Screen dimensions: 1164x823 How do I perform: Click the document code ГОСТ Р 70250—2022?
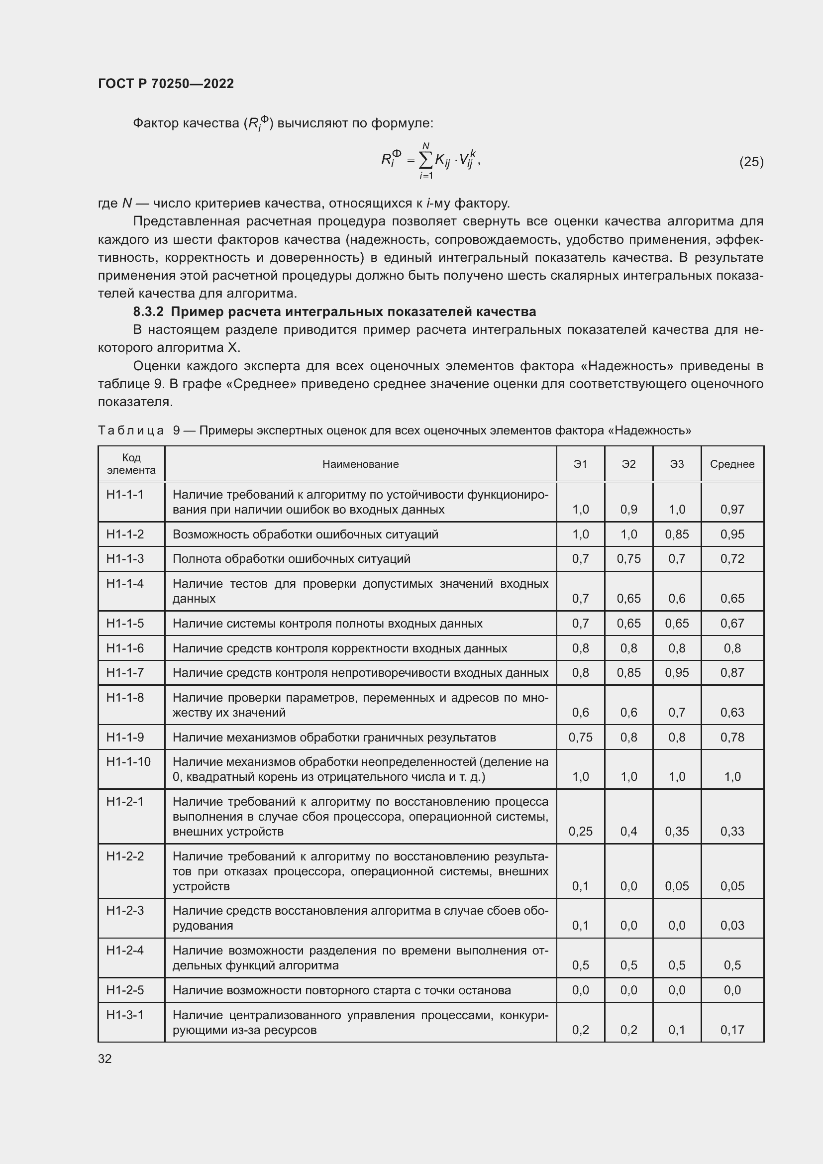coord(166,84)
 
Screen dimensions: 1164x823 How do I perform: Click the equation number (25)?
coord(751,162)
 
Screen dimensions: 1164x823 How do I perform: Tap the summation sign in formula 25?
coord(426,161)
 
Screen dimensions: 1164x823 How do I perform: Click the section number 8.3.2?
coord(148,311)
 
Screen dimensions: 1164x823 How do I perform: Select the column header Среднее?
coord(732,464)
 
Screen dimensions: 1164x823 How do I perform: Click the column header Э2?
coord(628,464)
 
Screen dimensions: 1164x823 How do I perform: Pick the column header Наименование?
coord(360,464)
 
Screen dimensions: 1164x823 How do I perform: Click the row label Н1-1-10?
coord(128,761)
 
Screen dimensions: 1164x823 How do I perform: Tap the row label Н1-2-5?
coord(125,990)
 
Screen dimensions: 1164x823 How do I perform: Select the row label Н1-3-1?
coord(125,1015)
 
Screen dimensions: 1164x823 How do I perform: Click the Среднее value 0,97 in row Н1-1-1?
coord(732,510)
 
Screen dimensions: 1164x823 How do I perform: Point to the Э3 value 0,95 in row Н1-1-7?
coord(677,673)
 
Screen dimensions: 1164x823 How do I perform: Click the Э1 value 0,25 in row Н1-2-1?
coord(580,831)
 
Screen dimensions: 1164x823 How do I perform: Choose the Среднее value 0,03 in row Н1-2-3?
coord(732,925)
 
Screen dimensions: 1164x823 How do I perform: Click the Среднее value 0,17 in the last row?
coord(732,1030)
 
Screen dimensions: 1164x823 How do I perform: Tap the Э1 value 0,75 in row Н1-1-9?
coord(580,737)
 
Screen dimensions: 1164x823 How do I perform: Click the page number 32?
coord(105,1058)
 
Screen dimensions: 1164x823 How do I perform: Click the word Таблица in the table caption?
coord(131,430)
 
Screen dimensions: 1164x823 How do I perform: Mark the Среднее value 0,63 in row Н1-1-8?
coord(732,712)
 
